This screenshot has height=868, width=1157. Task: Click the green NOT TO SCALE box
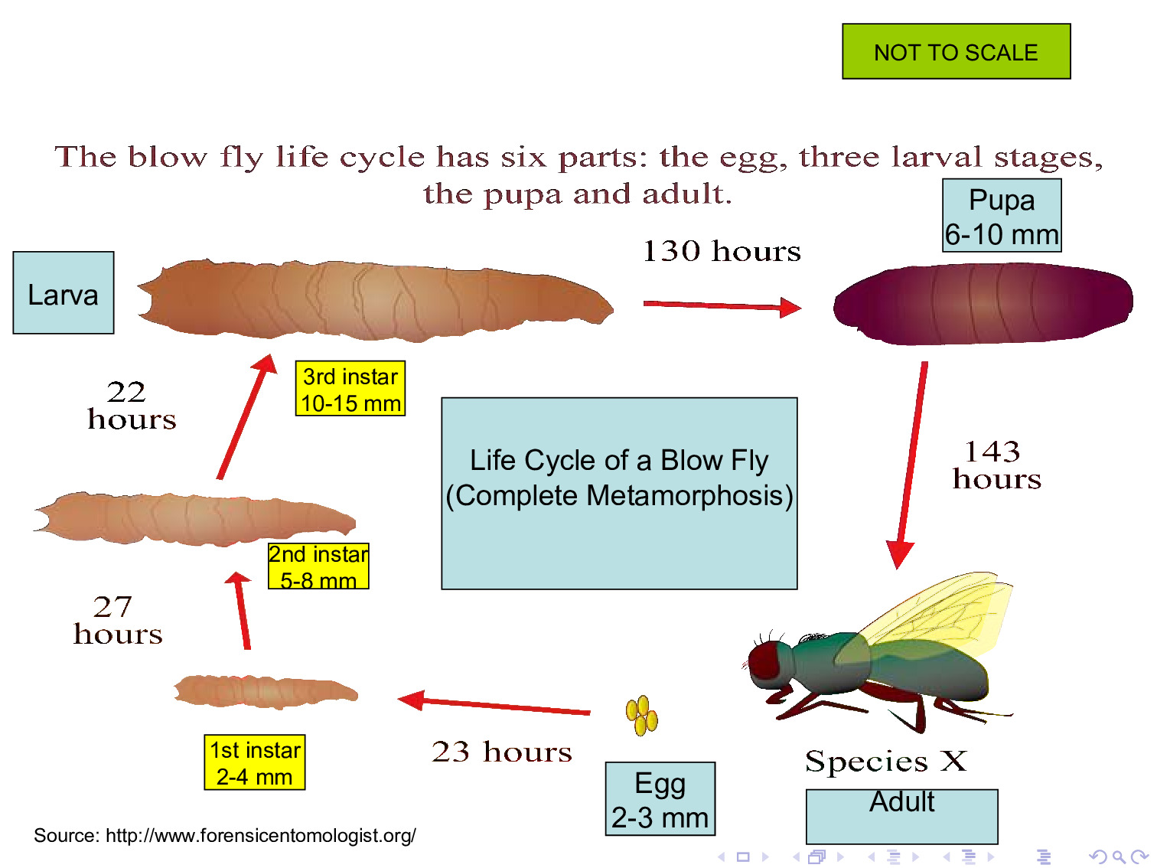tap(956, 51)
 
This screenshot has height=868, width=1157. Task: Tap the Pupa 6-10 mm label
tap(1002, 215)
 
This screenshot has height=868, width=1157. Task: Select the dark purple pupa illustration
tap(983, 304)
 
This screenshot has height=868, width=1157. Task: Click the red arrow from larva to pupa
tap(722, 305)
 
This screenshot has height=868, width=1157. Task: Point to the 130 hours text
tap(722, 251)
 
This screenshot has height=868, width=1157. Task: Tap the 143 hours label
tap(996, 465)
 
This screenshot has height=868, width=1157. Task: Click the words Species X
tap(886, 761)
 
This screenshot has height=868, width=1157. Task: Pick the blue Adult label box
tap(901, 816)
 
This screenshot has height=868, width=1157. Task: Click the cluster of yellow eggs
tap(641, 715)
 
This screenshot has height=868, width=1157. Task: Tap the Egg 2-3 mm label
tap(660, 798)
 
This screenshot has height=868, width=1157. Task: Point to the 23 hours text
tap(502, 752)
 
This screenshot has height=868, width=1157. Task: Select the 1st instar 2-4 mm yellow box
tap(255, 762)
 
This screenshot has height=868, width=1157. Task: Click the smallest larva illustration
tap(266, 691)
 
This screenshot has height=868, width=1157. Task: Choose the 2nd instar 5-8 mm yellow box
tap(318, 566)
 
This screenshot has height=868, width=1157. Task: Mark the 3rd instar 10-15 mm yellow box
tap(350, 388)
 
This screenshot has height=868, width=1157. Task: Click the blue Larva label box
tap(64, 292)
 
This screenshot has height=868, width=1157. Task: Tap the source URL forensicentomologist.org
tap(261, 835)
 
